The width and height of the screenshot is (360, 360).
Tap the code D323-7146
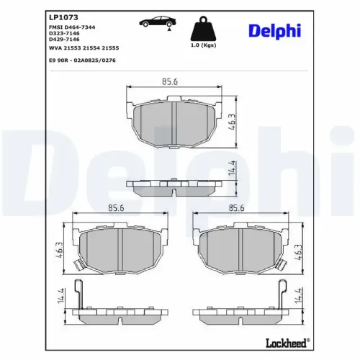pos(64,32)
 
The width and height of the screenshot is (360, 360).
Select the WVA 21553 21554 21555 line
pos(83,47)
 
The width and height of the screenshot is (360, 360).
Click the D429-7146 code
pos(64,39)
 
